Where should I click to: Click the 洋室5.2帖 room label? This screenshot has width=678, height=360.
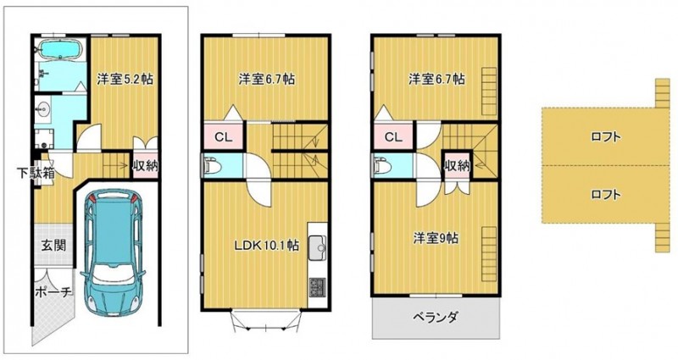(x=125, y=80)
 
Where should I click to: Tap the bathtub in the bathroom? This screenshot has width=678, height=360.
(x=61, y=49)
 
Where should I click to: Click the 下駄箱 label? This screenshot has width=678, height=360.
(x=36, y=174)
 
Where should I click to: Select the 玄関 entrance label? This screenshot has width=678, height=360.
(x=53, y=246)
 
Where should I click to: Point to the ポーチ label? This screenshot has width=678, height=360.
(x=53, y=292)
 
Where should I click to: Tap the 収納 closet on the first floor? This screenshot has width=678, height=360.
(x=145, y=166)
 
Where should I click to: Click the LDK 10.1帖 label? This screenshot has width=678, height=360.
(x=266, y=246)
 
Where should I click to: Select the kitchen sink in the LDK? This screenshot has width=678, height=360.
(x=317, y=247)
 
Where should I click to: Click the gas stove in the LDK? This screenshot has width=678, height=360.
(x=317, y=287)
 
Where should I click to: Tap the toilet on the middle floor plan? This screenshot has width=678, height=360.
(x=212, y=166)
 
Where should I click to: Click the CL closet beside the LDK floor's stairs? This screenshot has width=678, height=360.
(x=224, y=137)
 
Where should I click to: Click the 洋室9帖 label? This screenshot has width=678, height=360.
(x=436, y=239)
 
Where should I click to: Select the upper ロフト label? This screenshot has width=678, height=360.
(x=606, y=137)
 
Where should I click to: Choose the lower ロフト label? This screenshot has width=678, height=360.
(x=606, y=195)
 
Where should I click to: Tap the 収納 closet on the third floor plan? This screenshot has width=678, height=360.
(x=457, y=165)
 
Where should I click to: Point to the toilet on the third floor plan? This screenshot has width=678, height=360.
(x=382, y=166)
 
